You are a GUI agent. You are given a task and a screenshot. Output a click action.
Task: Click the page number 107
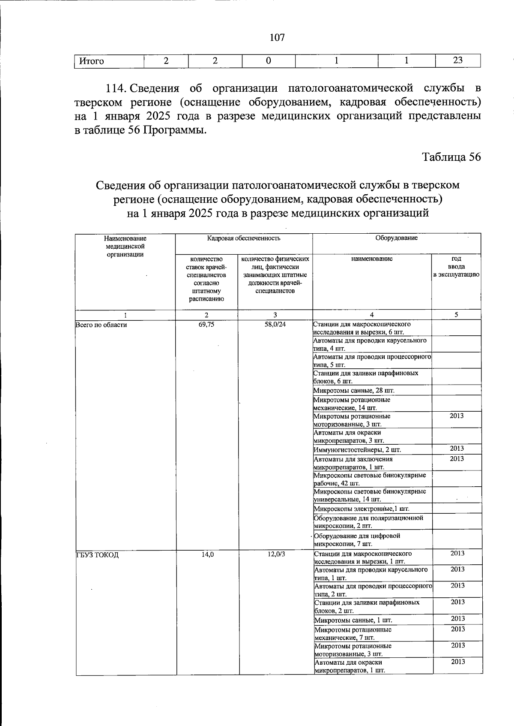[x=277, y=38]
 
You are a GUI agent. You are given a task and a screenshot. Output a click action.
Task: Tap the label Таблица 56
[x=452, y=157]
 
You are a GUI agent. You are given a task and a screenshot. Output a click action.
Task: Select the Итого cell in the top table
[x=92, y=61]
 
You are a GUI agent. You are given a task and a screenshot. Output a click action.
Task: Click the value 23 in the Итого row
[x=457, y=60]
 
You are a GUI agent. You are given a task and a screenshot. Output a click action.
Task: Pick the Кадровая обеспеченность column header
[x=244, y=238]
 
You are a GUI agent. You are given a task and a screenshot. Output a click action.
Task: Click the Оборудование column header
[x=396, y=238]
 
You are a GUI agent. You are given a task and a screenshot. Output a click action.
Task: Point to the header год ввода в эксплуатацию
[x=456, y=266]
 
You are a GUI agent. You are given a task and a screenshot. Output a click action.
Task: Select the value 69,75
[x=206, y=325]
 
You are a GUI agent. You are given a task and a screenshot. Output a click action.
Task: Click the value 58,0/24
[x=275, y=325]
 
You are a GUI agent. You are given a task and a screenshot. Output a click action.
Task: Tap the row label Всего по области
[x=102, y=325]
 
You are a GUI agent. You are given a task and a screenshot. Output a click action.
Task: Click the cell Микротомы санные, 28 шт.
[x=353, y=391]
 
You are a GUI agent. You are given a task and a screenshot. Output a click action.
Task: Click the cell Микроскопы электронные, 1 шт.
[x=361, y=509]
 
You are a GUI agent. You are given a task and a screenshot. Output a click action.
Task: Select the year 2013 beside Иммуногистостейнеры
[x=457, y=449]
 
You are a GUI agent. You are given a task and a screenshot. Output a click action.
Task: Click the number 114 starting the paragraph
[x=115, y=89]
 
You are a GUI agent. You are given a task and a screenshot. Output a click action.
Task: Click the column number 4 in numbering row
[x=372, y=315]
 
